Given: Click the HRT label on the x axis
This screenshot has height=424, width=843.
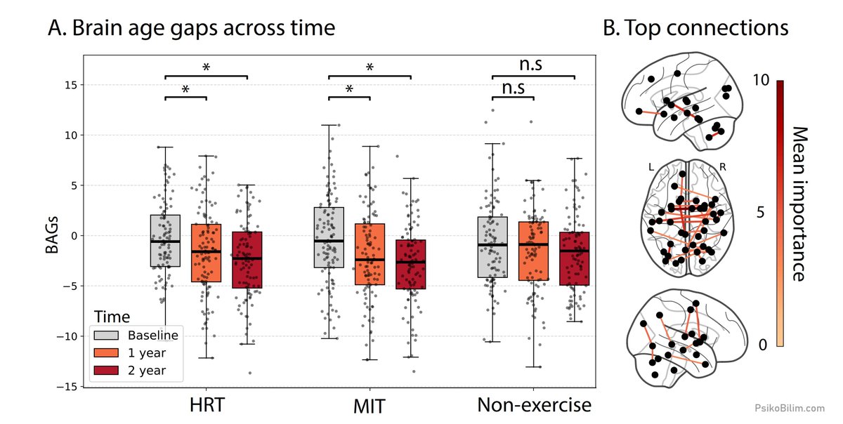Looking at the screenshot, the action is pyautogui.click(x=207, y=405).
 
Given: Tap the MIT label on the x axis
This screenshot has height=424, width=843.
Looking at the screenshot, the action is pyautogui.click(x=370, y=406).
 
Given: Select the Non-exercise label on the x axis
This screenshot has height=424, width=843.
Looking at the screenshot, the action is pyautogui.click(x=534, y=405).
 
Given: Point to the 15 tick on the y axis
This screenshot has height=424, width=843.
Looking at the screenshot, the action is pyautogui.click(x=71, y=85).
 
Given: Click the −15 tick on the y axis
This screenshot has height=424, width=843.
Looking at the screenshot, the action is pyautogui.click(x=67, y=387).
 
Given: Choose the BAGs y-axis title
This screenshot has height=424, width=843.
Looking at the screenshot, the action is pyautogui.click(x=52, y=235).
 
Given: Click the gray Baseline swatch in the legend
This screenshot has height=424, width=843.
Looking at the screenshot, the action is pyautogui.click(x=106, y=336).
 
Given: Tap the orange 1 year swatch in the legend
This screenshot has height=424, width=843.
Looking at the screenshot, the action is pyautogui.click(x=106, y=353).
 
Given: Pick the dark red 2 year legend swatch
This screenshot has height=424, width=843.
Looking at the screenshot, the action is pyautogui.click(x=106, y=371).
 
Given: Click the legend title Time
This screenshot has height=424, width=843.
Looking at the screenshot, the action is pyautogui.click(x=112, y=317).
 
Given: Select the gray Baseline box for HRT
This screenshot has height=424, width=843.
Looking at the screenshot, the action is pyautogui.click(x=165, y=241).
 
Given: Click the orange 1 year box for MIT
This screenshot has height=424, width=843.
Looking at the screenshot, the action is pyautogui.click(x=370, y=254).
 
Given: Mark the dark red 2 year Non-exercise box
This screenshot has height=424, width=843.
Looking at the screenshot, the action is pyautogui.click(x=575, y=259).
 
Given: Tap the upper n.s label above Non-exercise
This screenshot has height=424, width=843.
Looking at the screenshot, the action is pyautogui.click(x=530, y=65).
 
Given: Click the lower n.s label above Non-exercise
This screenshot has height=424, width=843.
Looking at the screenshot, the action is pyautogui.click(x=514, y=88).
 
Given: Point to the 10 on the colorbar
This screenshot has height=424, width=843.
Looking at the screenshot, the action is pyautogui.click(x=761, y=80).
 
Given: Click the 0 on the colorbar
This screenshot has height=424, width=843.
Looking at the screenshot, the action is pyautogui.click(x=763, y=345).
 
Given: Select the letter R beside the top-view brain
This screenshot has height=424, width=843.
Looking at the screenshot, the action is pyautogui.click(x=723, y=166).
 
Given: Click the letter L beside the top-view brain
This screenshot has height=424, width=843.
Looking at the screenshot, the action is pyautogui.click(x=651, y=167).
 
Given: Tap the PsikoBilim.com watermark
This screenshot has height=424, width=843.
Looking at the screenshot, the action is pyautogui.click(x=790, y=408).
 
